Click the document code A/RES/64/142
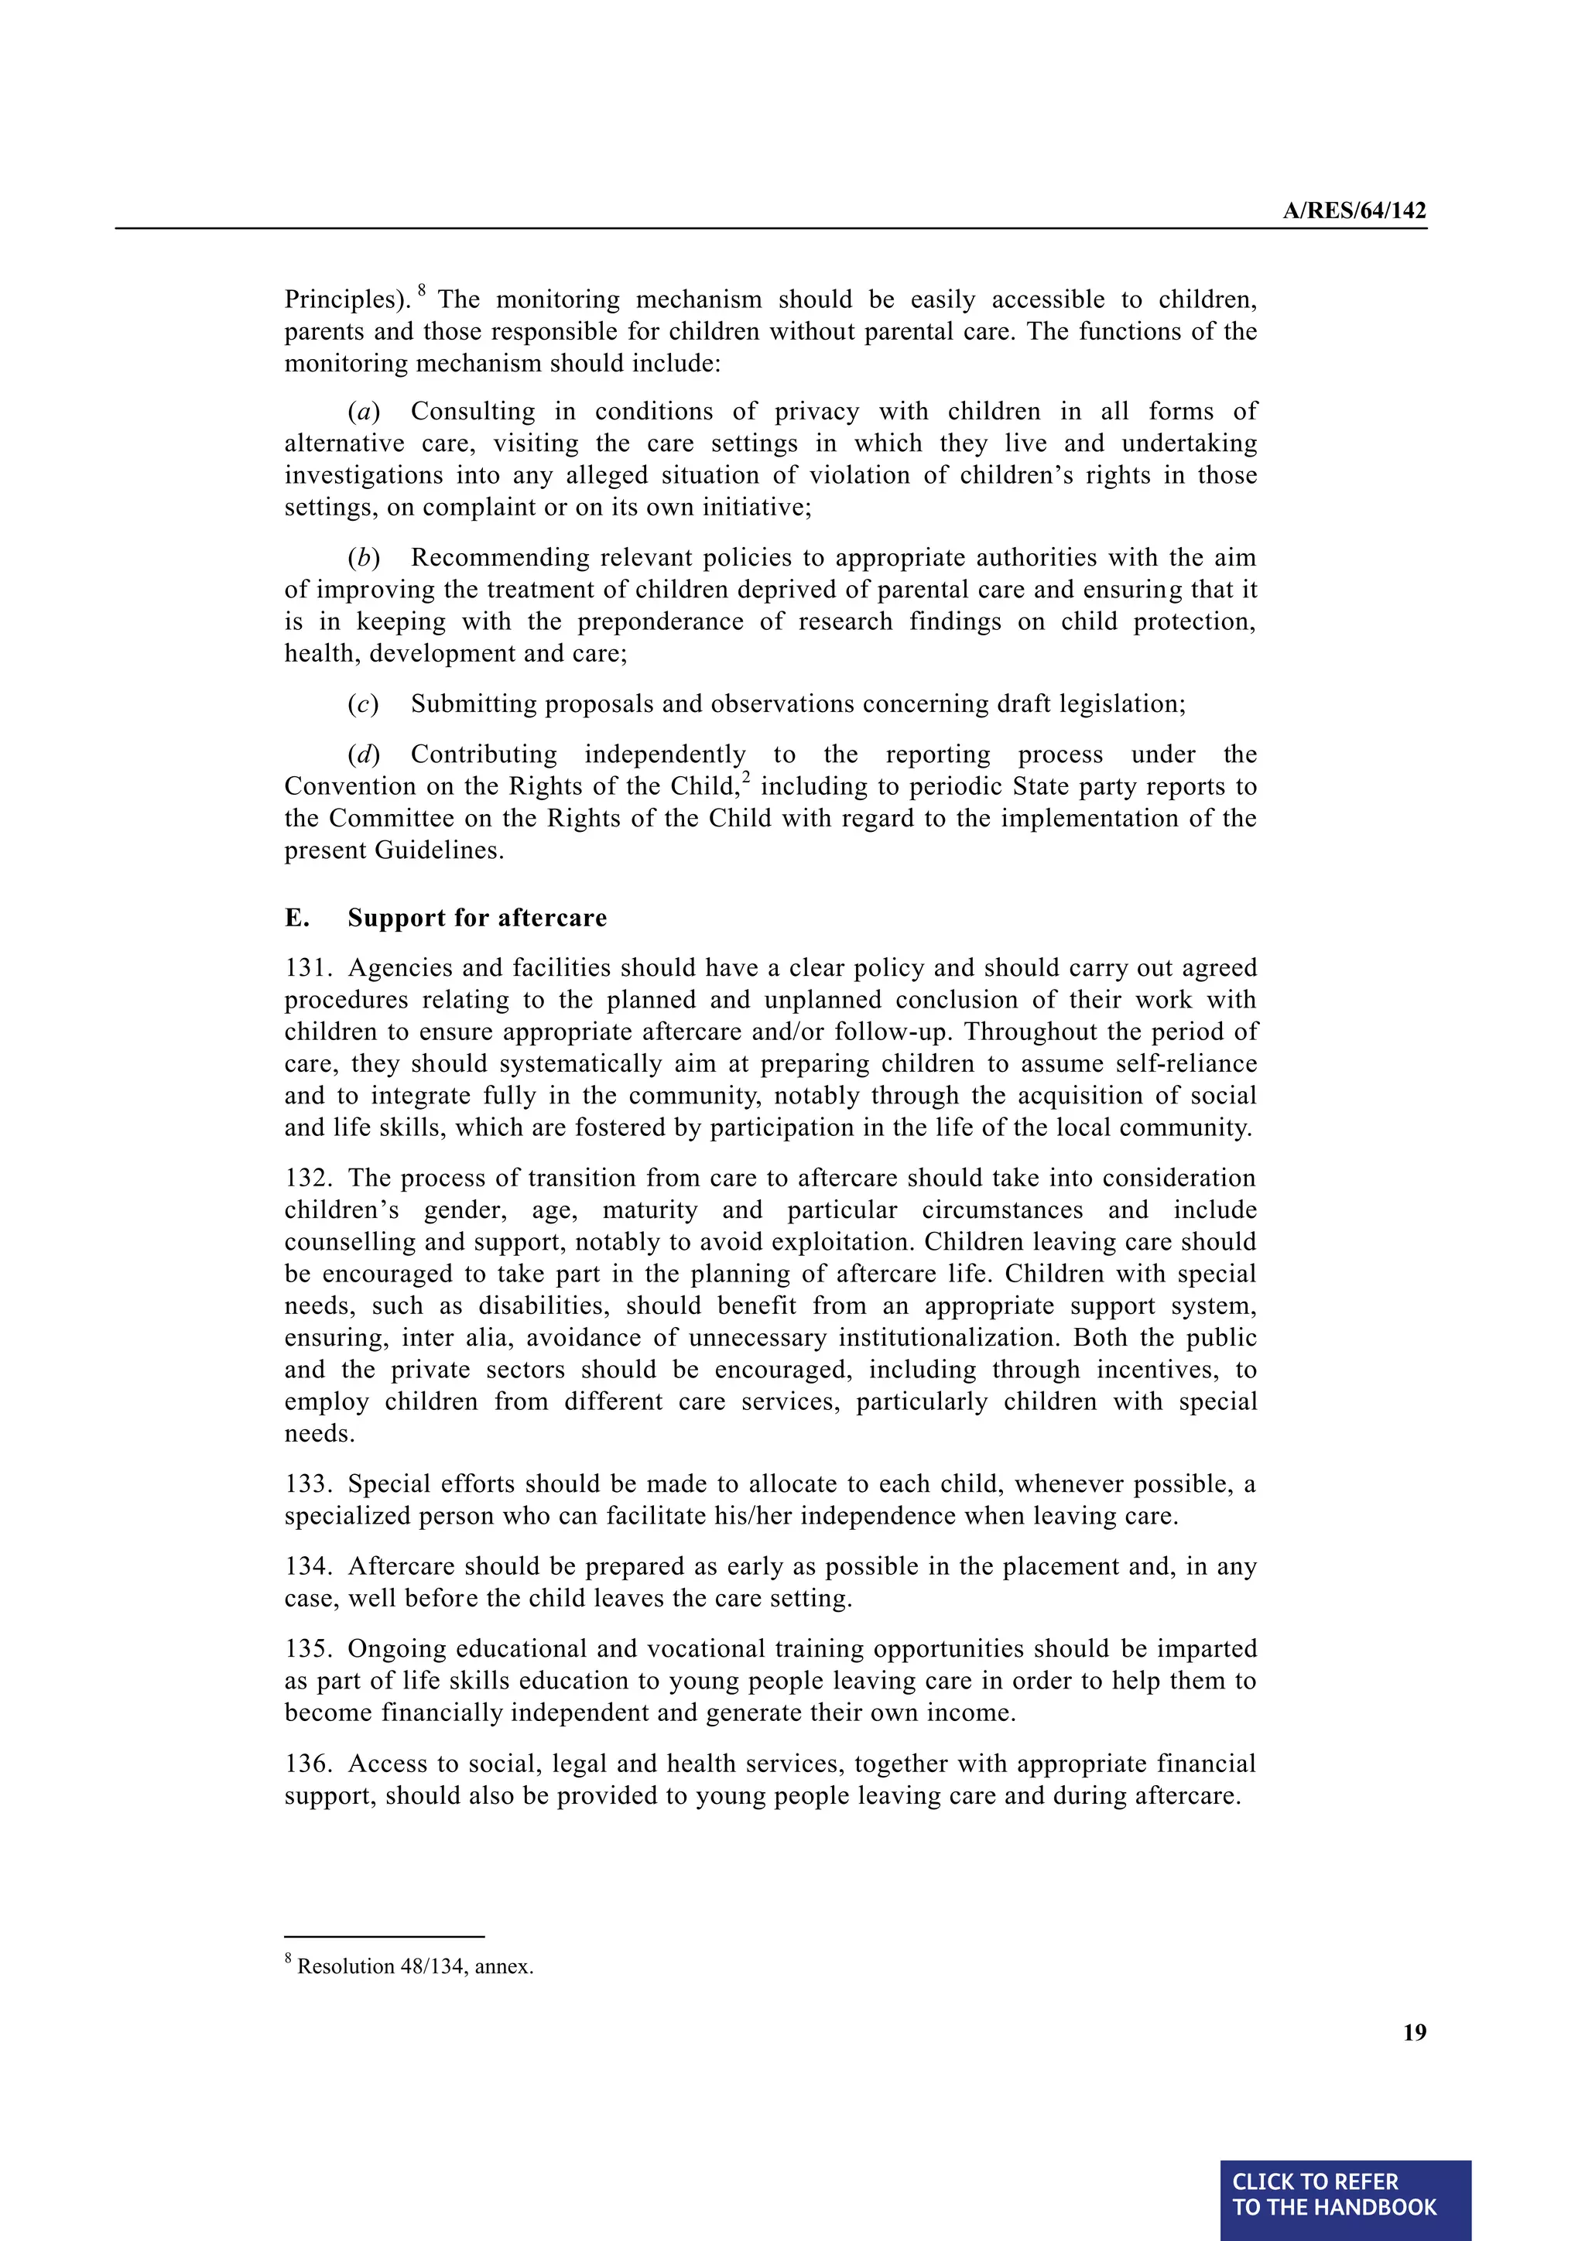[x=1354, y=210]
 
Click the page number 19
[x=1414, y=2032]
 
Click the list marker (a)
[x=363, y=412]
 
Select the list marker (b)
[x=363, y=558]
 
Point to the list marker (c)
[x=363, y=705]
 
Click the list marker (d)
[x=363, y=754]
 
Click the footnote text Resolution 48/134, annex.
[x=415, y=1967]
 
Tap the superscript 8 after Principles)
[x=422, y=290]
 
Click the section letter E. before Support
[x=296, y=918]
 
